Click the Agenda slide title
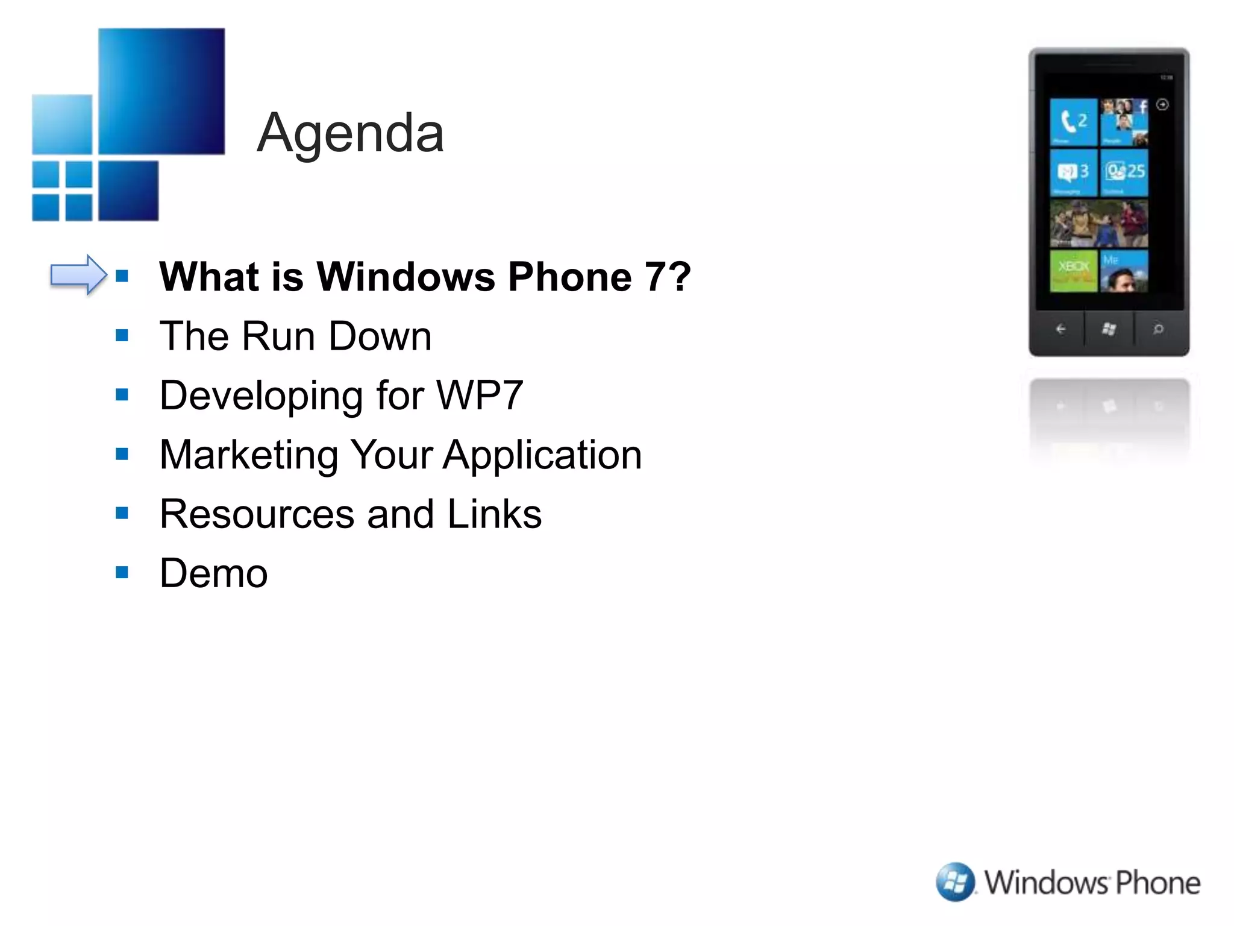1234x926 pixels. point(350,133)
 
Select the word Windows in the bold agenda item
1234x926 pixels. point(406,277)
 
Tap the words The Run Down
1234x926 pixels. point(295,336)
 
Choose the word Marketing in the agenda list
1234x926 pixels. point(248,455)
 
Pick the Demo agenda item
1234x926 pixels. point(213,573)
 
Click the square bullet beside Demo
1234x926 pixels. point(122,572)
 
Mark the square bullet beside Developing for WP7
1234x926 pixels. point(122,395)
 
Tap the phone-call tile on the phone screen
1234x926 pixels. point(1073,122)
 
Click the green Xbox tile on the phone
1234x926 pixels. point(1073,271)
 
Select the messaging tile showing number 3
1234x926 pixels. point(1073,172)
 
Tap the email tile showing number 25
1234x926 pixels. point(1124,172)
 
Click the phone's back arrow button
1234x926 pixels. point(1060,329)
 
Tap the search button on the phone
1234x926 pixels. point(1158,329)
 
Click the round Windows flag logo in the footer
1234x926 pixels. point(955,882)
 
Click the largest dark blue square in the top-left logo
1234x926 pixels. point(161,91)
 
